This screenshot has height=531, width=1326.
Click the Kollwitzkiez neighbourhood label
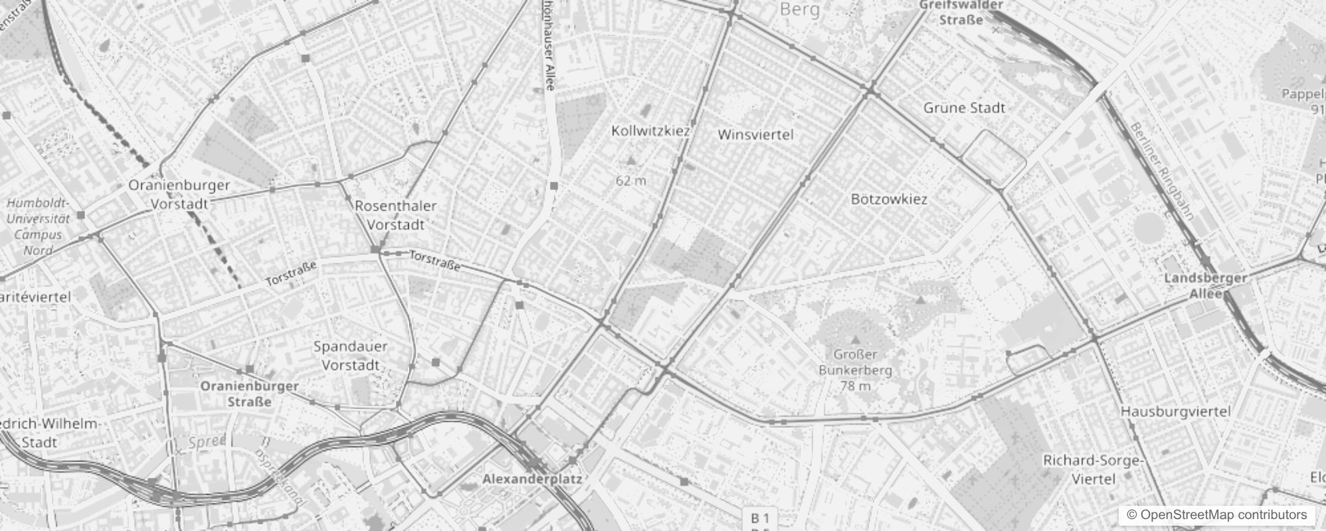(650, 131)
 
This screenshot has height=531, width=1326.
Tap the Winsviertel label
(755, 135)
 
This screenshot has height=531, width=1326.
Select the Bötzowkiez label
(889, 199)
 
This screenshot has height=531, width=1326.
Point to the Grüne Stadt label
(964, 108)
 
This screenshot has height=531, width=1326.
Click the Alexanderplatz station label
(532, 479)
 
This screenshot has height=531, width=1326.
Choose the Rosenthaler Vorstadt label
(395, 215)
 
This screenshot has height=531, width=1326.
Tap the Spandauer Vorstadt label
(350, 355)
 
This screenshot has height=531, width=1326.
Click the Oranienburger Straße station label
(249, 394)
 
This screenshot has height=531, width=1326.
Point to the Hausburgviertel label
(1176, 412)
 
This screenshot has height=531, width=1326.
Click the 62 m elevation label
(630, 181)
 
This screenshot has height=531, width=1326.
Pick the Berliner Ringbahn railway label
(1162, 171)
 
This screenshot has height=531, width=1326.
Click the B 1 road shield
(760, 518)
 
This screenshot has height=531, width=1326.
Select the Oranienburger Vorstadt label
(179, 194)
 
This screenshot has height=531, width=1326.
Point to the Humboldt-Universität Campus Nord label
(39, 226)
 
